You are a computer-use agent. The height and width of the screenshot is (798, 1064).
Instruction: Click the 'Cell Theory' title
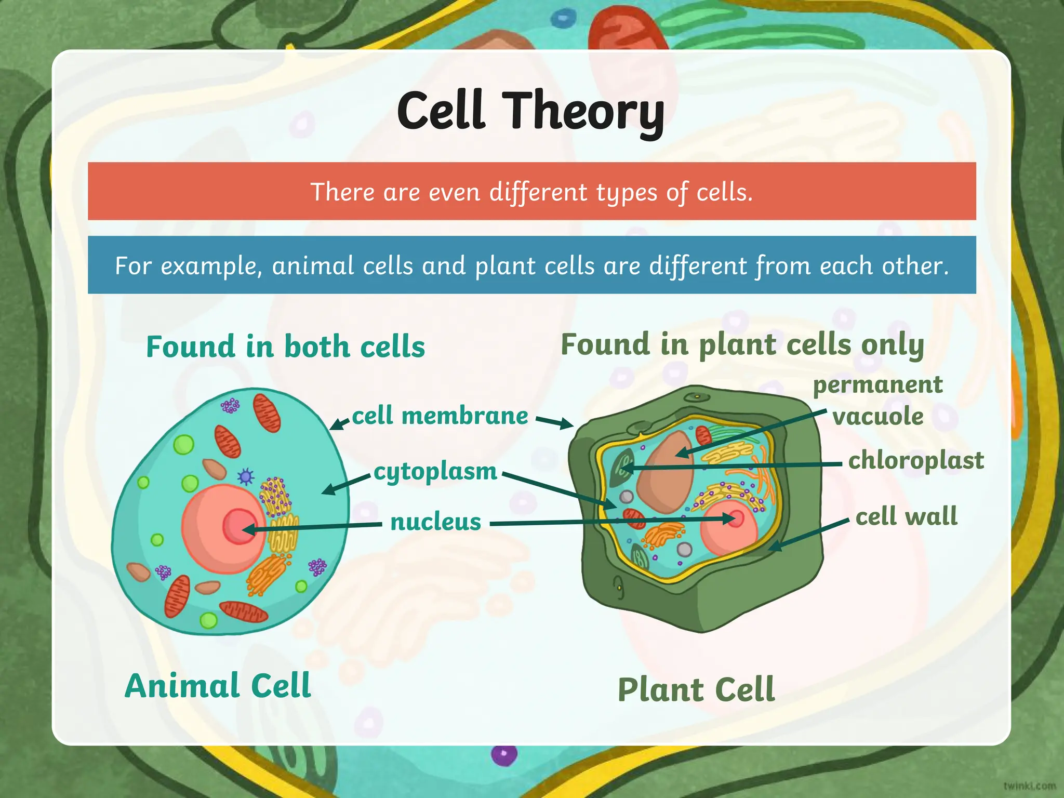coord(530,111)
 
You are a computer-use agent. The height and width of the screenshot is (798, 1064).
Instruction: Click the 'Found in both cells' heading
coord(285,347)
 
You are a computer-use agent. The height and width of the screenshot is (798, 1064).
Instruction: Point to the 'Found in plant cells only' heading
coord(742,345)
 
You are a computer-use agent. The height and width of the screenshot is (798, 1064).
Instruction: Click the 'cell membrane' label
coord(440,416)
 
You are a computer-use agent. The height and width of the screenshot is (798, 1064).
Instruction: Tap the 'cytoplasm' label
coord(435,472)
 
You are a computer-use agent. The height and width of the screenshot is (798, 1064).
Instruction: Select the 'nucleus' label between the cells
coord(436,522)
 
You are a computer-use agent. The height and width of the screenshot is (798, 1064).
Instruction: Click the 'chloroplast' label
coord(916,461)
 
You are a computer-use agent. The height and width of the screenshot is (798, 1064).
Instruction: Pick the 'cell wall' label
coord(906,516)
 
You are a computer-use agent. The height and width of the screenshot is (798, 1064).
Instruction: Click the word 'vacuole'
coord(878,416)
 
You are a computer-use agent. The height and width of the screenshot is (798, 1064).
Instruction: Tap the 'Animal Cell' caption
coord(218,686)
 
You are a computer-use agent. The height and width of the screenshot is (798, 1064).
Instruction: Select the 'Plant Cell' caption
coord(696,690)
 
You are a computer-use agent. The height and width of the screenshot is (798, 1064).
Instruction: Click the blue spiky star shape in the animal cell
coord(245,476)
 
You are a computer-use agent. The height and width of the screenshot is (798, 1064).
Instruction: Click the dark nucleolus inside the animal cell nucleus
coord(238,526)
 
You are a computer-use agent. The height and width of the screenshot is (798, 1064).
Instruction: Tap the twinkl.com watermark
coord(1029,786)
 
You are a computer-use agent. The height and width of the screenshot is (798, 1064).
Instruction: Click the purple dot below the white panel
coord(504,754)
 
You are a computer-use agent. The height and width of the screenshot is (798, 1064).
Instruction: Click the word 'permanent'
coord(877,385)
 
